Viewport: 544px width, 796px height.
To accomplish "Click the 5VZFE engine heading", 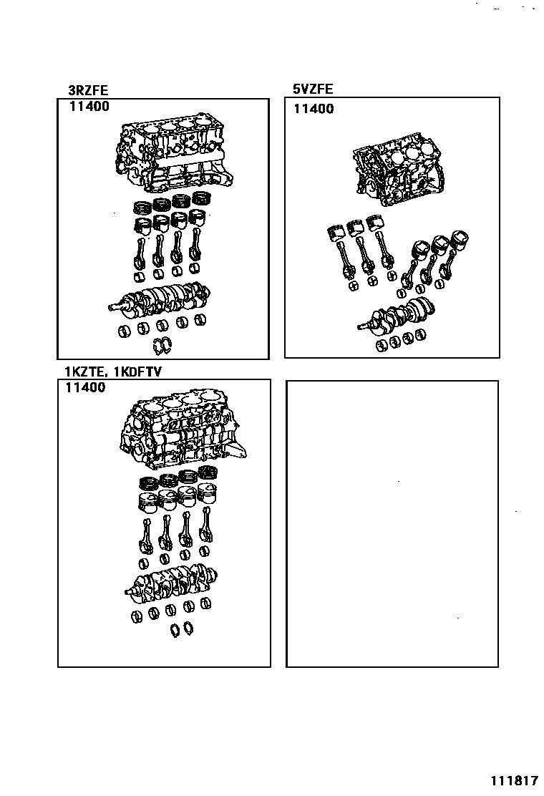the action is [x=313, y=89].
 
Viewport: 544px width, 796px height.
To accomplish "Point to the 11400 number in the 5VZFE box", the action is [x=314, y=109].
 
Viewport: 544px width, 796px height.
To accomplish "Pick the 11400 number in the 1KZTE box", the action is [x=85, y=387].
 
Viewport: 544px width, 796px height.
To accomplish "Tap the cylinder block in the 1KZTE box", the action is [x=179, y=429].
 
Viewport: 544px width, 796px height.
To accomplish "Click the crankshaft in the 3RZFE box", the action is [x=161, y=298].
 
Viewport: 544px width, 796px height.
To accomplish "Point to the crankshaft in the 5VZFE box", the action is [x=397, y=315].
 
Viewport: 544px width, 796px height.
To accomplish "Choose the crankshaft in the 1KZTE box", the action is [x=172, y=580].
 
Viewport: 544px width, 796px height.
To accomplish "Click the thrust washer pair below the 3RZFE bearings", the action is [x=162, y=346].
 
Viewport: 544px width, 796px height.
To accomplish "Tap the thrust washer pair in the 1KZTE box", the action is [x=181, y=629].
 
